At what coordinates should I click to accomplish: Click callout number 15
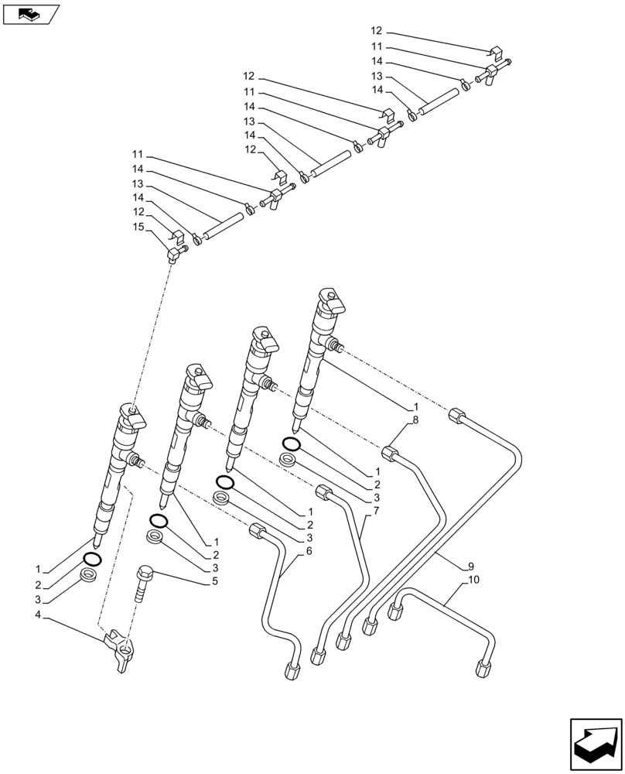coord(138,226)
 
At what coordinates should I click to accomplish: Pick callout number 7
coord(377,512)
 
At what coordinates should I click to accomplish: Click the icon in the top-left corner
coord(32,14)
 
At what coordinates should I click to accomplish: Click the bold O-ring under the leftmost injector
coord(91,559)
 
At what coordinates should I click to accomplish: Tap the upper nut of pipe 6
coord(256,531)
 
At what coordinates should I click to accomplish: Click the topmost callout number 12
coord(377,31)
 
